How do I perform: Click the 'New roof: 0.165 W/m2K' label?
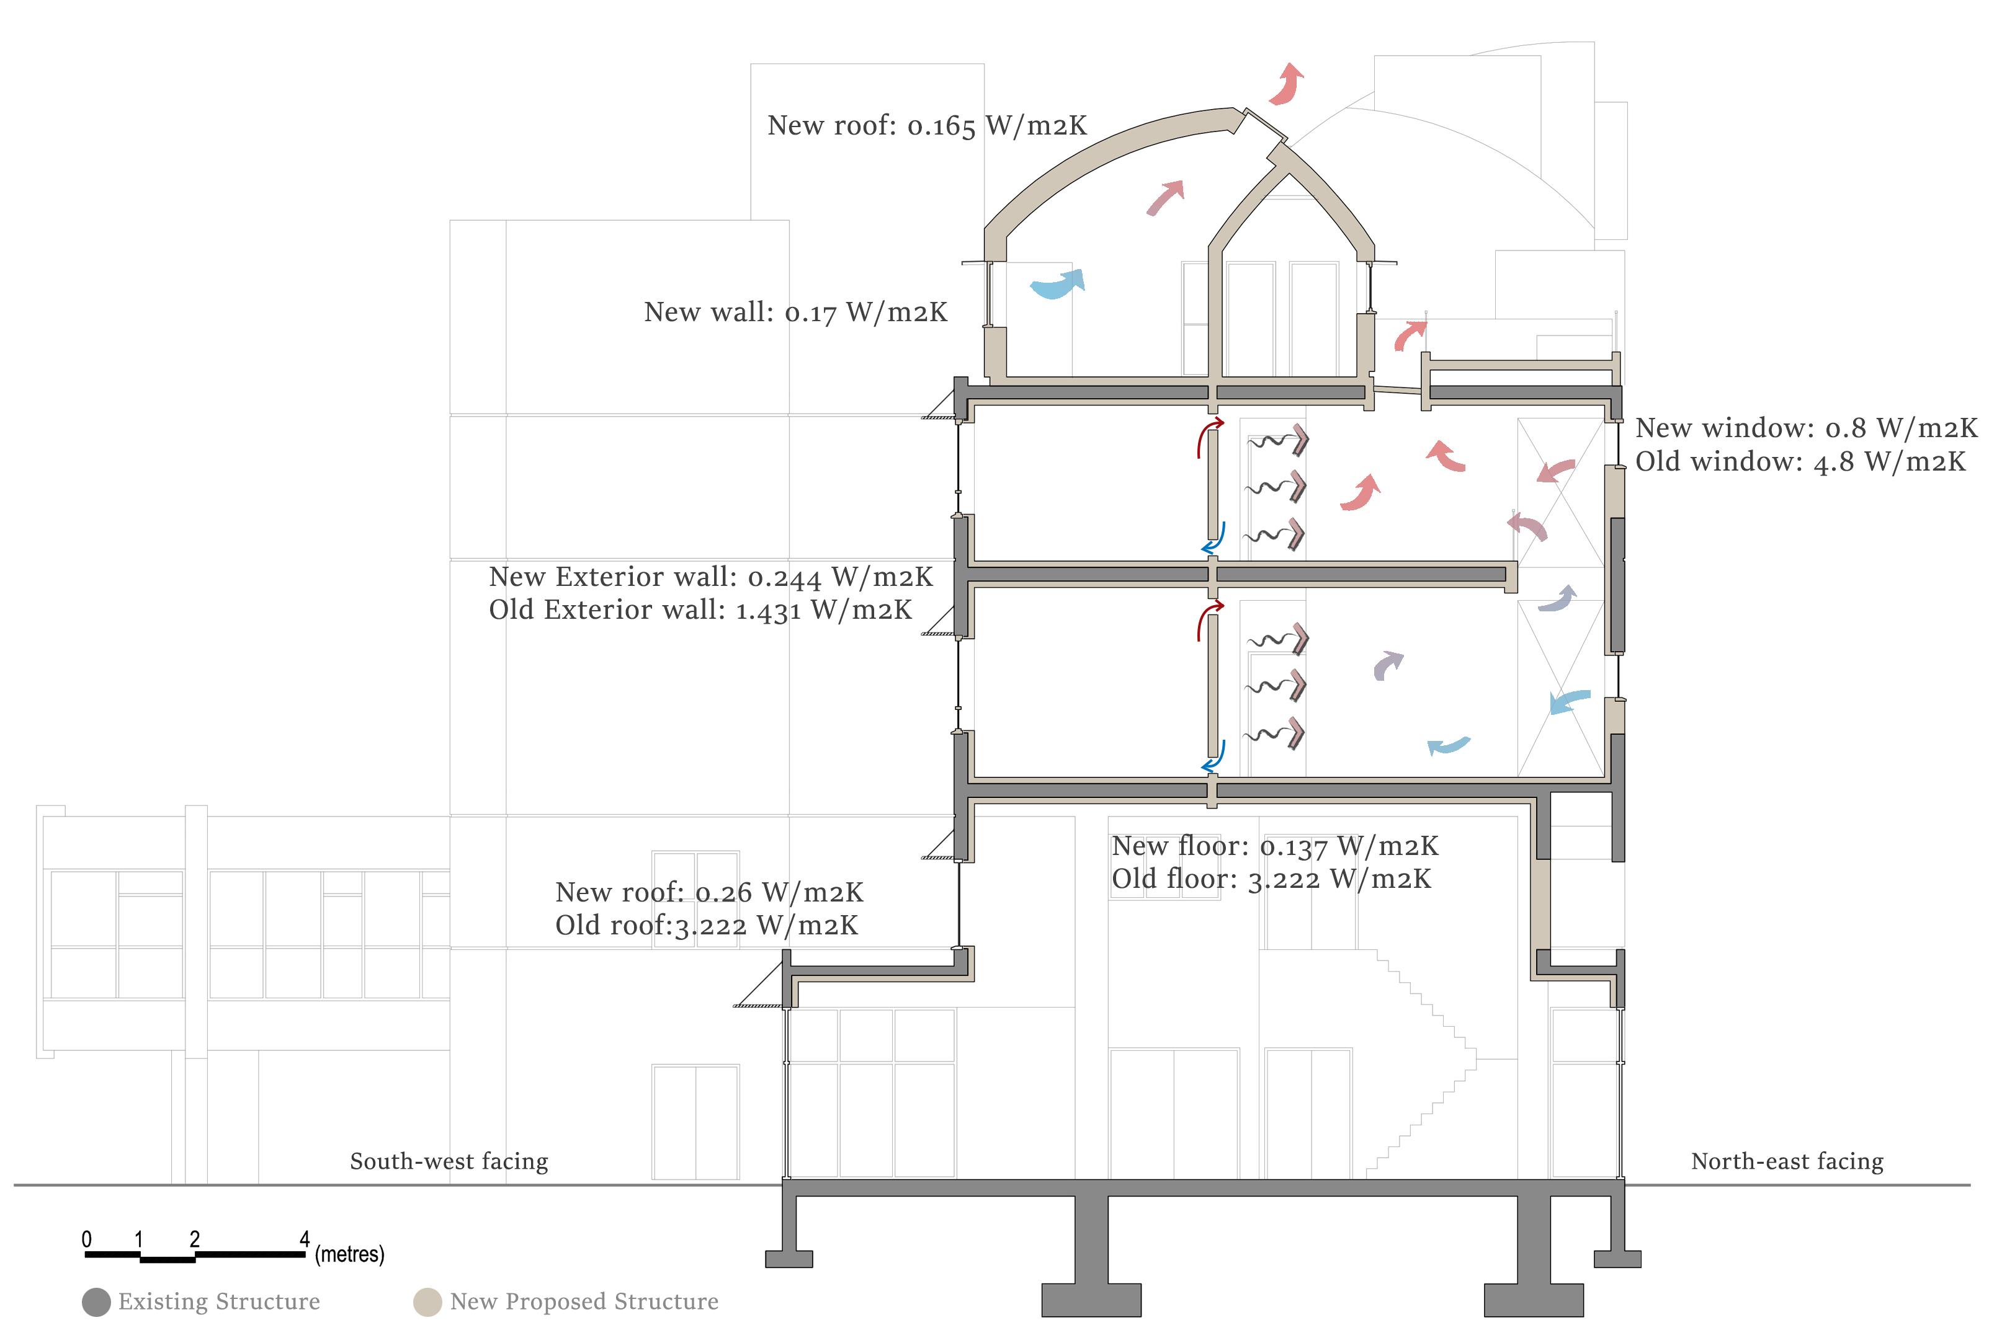pyautogui.click(x=926, y=125)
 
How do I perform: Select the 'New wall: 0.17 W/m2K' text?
pyautogui.click(x=795, y=312)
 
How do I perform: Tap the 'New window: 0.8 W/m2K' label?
pyautogui.click(x=1805, y=428)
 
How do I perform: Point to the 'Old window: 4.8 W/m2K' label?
pyautogui.click(x=1800, y=462)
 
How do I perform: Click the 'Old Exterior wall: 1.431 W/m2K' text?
pyautogui.click(x=700, y=610)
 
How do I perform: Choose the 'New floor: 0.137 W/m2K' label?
pyautogui.click(x=1274, y=846)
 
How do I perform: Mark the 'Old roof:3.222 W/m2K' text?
pyautogui.click(x=706, y=925)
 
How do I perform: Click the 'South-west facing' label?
pyautogui.click(x=449, y=1161)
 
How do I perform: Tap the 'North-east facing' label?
pyautogui.click(x=1787, y=1161)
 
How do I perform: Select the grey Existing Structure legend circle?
pyautogui.click(x=96, y=1302)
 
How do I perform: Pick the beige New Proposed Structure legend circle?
pyautogui.click(x=427, y=1302)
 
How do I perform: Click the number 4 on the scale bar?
pyautogui.click(x=304, y=1239)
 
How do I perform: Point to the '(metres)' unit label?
pyautogui.click(x=349, y=1254)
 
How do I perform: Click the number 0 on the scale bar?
pyautogui.click(x=86, y=1239)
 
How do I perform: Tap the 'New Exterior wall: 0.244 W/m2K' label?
pyautogui.click(x=710, y=577)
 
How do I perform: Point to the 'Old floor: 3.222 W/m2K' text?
pyautogui.click(x=1270, y=879)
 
